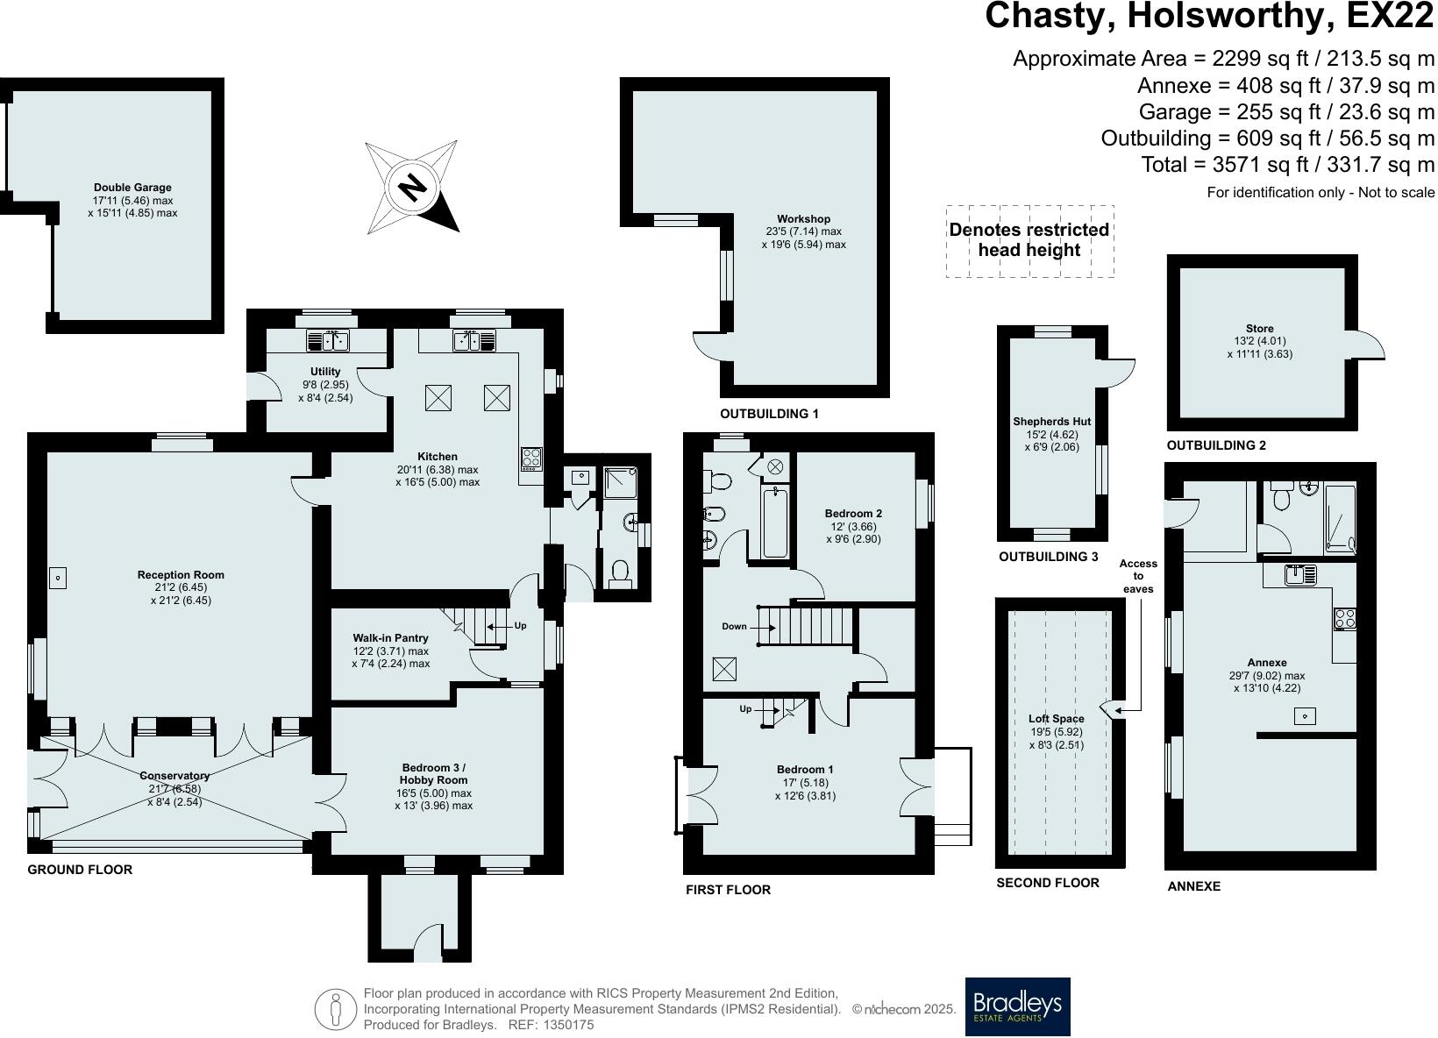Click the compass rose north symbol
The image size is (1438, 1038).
click(411, 186)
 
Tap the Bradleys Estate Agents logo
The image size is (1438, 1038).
click(1017, 1006)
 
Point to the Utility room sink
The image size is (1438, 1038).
click(328, 340)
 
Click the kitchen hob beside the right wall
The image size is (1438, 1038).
click(531, 459)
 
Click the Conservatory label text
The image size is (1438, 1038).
click(174, 776)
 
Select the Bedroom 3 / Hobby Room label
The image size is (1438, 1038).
click(433, 773)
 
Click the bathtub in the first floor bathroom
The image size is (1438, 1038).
click(775, 523)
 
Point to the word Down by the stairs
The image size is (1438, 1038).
click(734, 626)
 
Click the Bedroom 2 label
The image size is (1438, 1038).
click(853, 514)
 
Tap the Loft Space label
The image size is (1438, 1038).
click(1057, 719)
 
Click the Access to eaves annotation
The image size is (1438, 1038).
click(1138, 576)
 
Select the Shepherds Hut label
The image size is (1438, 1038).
click(1051, 421)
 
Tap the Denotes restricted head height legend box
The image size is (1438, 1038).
click(1029, 241)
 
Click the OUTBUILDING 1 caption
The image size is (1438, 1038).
click(769, 413)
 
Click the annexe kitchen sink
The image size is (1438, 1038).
click(1301, 575)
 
